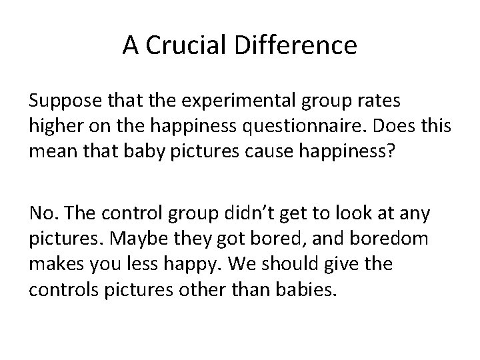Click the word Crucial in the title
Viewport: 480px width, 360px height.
176,46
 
